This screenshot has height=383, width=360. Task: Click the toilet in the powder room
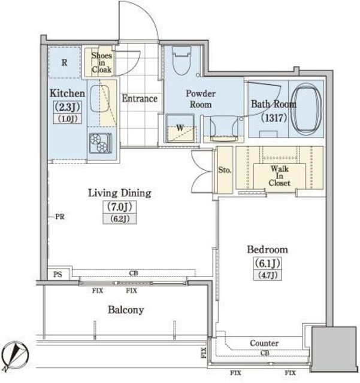(181, 60)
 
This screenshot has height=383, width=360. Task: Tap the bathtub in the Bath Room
(307, 108)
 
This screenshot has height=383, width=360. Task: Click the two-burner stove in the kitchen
(100, 143)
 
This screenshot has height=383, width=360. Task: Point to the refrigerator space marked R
(65, 62)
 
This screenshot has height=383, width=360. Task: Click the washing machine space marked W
(180, 128)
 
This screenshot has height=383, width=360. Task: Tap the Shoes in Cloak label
(102, 62)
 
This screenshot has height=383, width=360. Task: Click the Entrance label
(140, 98)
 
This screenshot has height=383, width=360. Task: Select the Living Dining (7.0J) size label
(120, 207)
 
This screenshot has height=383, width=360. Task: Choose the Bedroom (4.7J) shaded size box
(267, 275)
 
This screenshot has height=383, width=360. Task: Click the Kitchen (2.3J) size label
(67, 107)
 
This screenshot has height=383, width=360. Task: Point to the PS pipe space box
(59, 274)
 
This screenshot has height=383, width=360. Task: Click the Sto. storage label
(225, 170)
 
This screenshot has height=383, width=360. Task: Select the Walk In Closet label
(280, 176)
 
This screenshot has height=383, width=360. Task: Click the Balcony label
(126, 310)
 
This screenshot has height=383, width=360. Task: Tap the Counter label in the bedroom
(264, 343)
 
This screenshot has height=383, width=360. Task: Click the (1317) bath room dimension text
(274, 118)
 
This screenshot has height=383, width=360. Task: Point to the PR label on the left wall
(60, 217)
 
